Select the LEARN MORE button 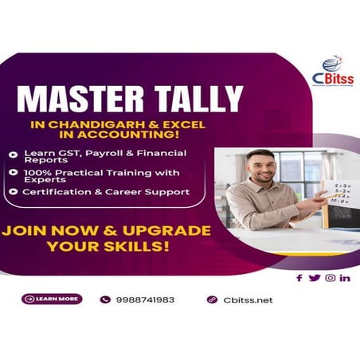[52, 299]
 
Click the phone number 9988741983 [144, 300]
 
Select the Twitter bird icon [314, 278]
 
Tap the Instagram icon [330, 278]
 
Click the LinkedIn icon [345, 278]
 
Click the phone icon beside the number [105, 300]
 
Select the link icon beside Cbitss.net [212, 300]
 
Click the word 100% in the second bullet [33, 172]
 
